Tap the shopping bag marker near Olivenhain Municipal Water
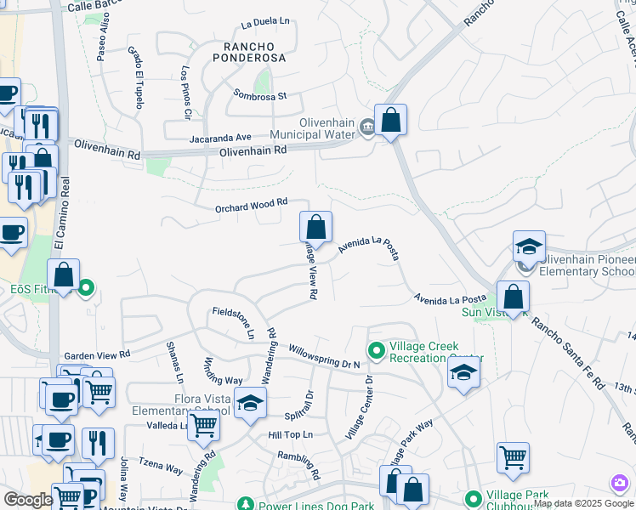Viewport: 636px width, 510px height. pos(390,122)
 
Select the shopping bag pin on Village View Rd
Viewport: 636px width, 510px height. pos(315,229)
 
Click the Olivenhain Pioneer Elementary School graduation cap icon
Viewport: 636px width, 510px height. pos(529,247)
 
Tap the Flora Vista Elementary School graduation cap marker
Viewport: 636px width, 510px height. pos(250,405)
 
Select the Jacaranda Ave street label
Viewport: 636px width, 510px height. pos(220,137)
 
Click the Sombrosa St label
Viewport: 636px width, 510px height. pos(260,97)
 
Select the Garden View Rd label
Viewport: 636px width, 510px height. pos(97,354)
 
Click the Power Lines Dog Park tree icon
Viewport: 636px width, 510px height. pos(245,505)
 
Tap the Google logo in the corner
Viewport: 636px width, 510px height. pos(27,500)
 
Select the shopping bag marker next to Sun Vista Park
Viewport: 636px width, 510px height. pos(513,297)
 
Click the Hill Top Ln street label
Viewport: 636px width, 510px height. pos(291,434)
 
